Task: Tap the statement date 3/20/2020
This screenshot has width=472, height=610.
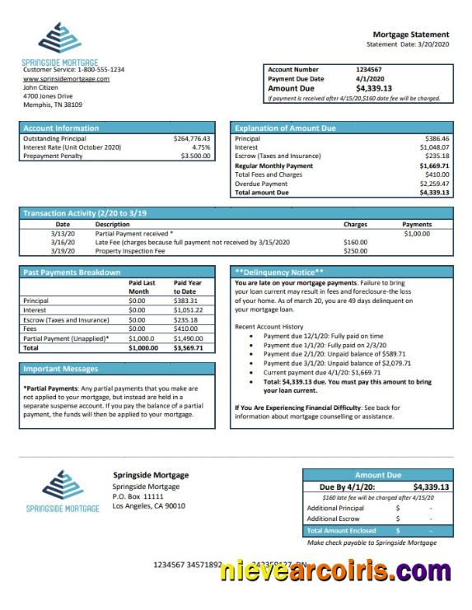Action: [432, 44]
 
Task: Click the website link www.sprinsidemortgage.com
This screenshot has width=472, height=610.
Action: [66, 78]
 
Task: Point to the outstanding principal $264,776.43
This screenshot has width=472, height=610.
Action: [193, 138]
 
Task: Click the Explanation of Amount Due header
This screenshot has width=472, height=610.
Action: [285, 128]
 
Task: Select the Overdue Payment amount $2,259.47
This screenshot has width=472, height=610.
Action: [433, 184]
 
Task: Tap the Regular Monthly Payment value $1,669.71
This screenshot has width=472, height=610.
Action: [433, 165]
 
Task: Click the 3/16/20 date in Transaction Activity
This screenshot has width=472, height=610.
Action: [63, 242]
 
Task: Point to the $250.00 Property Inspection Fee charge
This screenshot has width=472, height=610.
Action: [355, 251]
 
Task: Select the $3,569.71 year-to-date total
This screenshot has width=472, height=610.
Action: [189, 347]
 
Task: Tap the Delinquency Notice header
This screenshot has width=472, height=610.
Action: [279, 272]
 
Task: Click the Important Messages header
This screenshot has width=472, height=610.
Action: [61, 369]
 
